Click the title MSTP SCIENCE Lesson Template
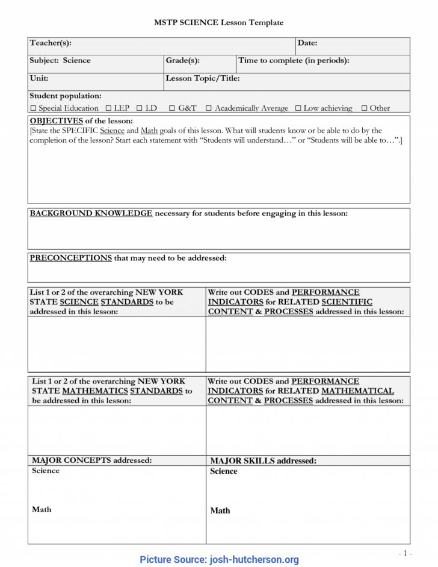point(218,22)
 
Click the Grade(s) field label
point(182,61)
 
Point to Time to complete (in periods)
point(294,61)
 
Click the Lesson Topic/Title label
point(202,78)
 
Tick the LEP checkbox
point(108,108)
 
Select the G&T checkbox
point(172,108)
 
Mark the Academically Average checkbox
point(209,108)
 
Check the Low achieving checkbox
point(298,108)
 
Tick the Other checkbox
point(364,108)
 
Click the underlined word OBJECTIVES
point(56,121)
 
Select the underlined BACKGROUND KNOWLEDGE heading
point(91,214)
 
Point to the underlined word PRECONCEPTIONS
point(70,258)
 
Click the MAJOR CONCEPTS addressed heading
point(91,460)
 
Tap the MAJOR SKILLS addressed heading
point(263,461)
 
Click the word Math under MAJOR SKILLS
point(220,510)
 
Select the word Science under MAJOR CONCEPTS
point(46,471)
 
